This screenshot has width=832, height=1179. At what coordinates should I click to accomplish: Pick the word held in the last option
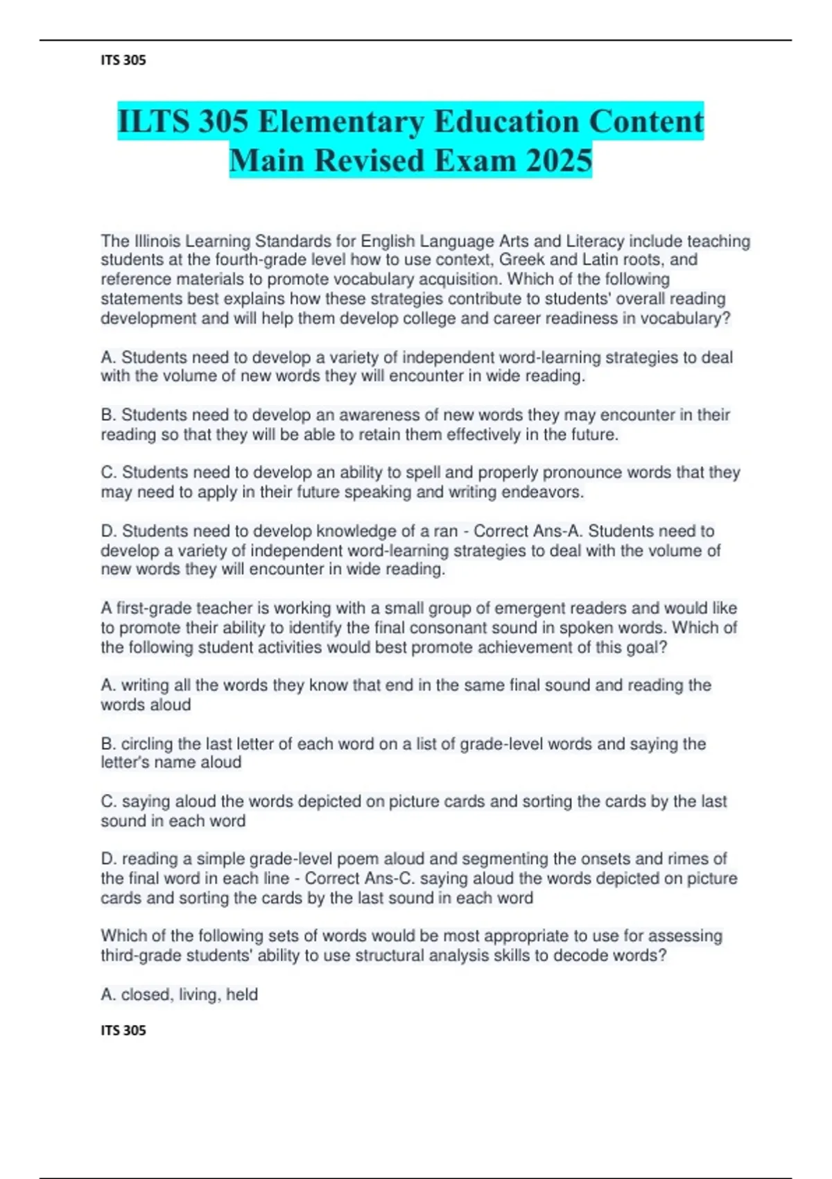coord(242,995)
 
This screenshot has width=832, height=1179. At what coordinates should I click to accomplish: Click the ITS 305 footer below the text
coord(123,1031)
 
